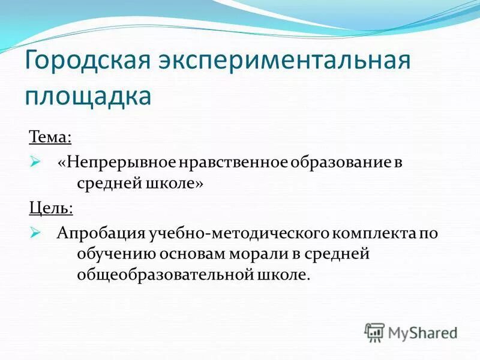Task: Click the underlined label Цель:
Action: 51,208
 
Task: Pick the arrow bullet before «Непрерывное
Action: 35,162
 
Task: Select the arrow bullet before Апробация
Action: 35,233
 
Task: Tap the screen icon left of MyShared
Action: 374,332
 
